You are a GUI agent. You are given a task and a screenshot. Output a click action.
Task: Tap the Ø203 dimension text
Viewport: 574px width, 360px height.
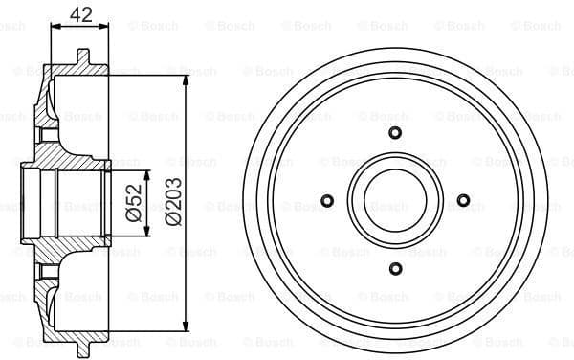pyautogui.click(x=172, y=203)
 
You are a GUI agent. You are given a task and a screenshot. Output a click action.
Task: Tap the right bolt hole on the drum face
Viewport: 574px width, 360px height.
pyautogui.click(x=463, y=201)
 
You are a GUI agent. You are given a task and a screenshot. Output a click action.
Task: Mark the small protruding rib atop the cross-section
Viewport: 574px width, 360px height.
pyautogui.click(x=83, y=56)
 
